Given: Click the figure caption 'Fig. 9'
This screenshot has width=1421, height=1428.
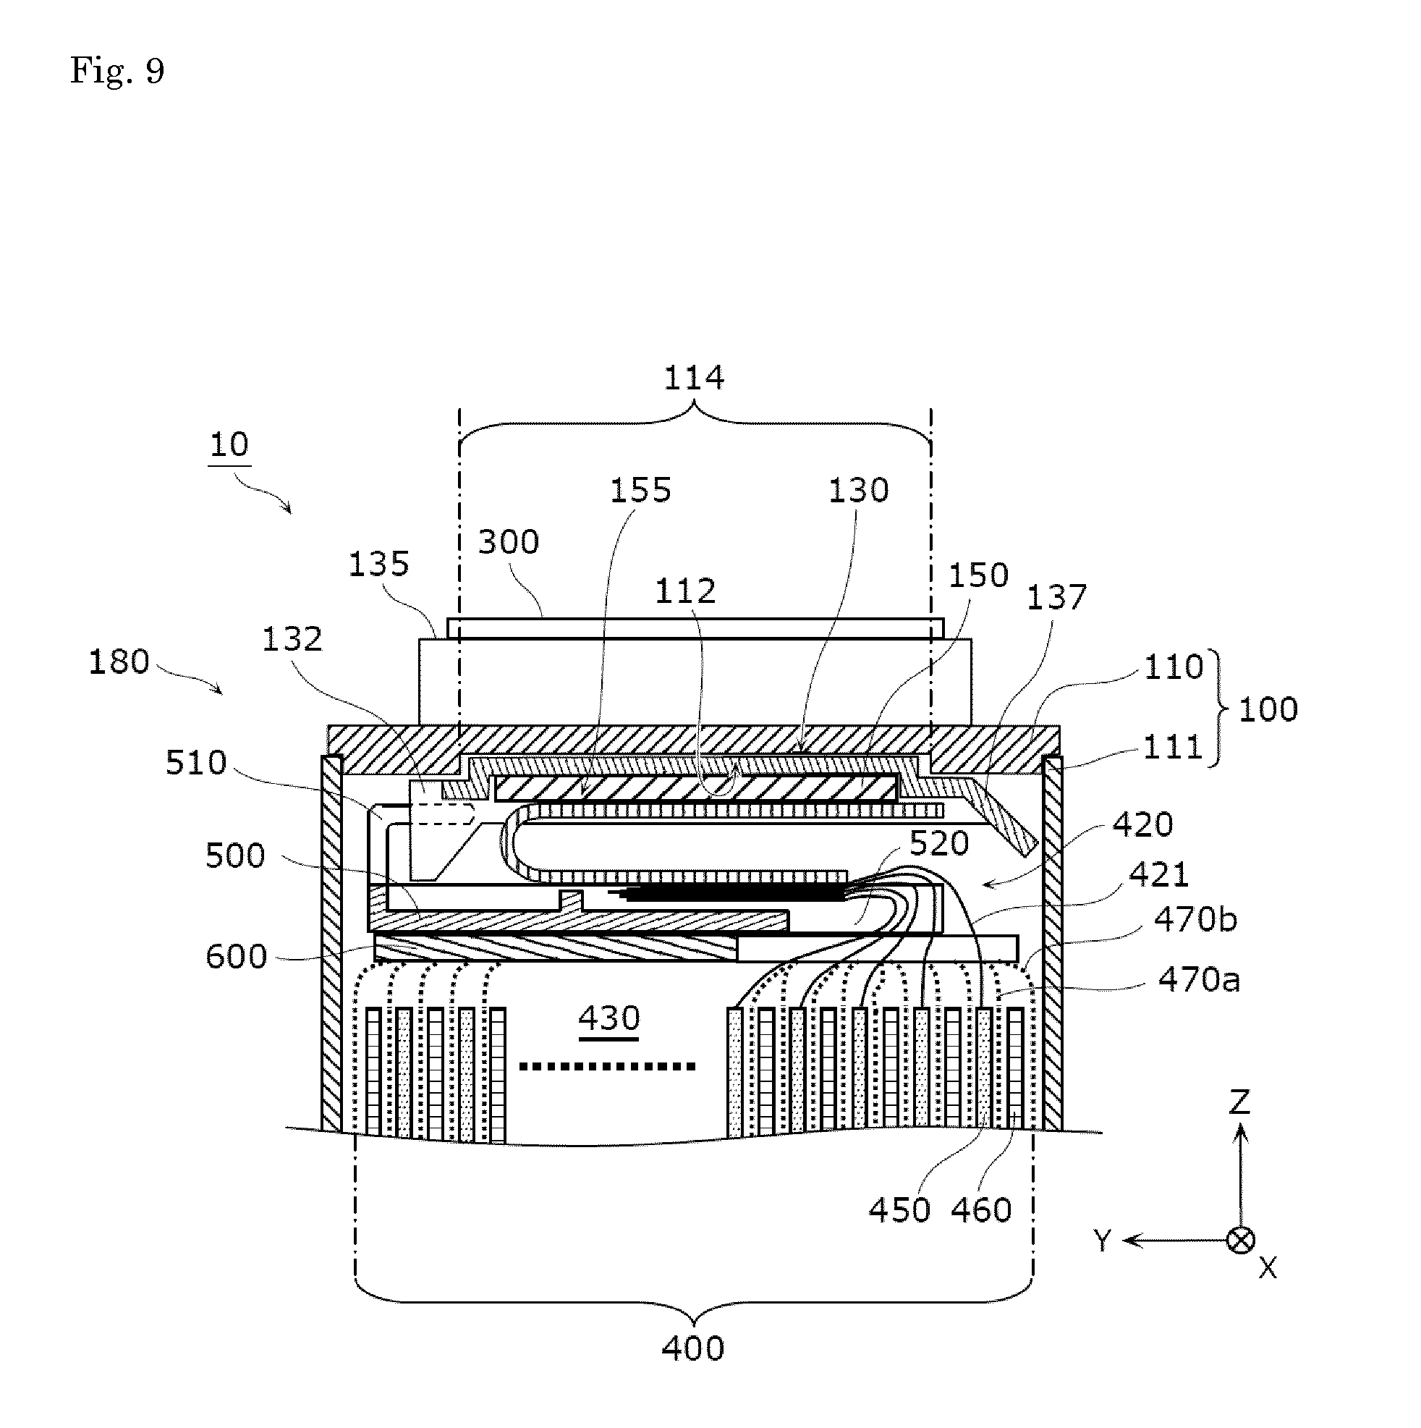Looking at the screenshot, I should coord(116,72).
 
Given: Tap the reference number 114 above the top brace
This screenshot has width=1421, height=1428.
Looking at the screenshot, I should coord(693,379).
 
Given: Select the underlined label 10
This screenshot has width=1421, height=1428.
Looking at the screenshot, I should coord(229,445).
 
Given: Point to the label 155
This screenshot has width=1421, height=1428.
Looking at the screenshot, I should coord(640,490).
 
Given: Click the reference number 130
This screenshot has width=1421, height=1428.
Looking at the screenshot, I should coord(858,490).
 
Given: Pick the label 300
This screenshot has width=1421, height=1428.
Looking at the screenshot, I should coord(509,543).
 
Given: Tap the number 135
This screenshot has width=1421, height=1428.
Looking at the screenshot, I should coord(378,565).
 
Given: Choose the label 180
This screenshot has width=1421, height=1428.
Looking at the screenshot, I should coord(119,662).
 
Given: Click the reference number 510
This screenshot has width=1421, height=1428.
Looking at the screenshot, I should coord(196,763).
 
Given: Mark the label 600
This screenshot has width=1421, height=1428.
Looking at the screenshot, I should coord(236,956).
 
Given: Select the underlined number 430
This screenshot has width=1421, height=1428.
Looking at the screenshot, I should coord(609,1018).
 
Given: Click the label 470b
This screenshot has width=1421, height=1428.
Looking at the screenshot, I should coord(1195,920).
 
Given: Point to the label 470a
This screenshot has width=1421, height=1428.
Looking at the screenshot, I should coord(1199,980).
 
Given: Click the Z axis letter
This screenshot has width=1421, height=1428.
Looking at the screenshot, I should coord(1239,1102).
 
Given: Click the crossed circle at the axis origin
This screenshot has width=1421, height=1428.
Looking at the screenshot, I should coord(1241,1241).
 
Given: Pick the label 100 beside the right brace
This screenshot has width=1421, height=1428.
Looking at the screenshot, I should coord(1268,709).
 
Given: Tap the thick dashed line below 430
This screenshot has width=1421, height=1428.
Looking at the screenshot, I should coord(608,1066).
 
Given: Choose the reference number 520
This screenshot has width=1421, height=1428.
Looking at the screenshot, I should coord(938,843).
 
